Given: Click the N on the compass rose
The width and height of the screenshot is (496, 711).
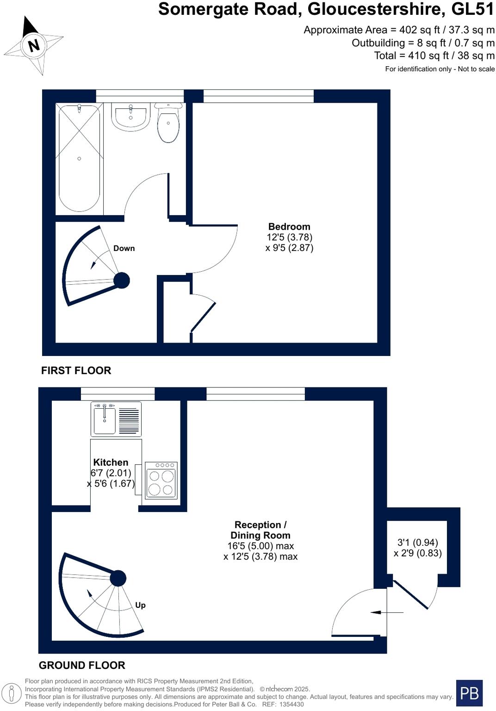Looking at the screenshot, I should point(33,45).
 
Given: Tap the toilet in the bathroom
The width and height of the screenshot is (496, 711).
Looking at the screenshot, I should point(168,124).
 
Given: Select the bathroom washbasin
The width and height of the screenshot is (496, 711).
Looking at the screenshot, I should point(130,117).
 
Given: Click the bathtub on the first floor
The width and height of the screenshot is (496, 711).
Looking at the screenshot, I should point(79,158).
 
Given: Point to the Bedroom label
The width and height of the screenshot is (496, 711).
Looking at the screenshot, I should point(289,226).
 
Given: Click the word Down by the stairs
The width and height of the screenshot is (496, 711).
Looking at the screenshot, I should point(124,248).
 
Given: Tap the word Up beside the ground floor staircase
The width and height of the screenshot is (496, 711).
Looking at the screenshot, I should point(140,605).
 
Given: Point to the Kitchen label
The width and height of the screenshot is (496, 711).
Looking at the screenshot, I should point(111,462).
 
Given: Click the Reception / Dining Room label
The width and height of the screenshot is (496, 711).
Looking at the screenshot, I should point(260,530).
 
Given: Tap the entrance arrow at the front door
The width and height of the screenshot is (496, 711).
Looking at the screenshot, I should point(387,612).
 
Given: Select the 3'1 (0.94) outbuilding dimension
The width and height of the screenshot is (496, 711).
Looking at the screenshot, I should point(417,542).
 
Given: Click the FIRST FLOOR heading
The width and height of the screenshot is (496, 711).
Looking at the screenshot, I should point(76,370).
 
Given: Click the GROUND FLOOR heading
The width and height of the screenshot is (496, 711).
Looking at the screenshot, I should point(82,665).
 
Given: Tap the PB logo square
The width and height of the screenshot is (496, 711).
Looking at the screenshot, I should point(469,693).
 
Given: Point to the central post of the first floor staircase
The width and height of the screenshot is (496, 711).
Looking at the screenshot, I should point(122,280).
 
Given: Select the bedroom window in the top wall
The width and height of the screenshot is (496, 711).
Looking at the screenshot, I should point(258,96).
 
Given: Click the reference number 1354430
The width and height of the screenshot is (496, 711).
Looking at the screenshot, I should point(290,704).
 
